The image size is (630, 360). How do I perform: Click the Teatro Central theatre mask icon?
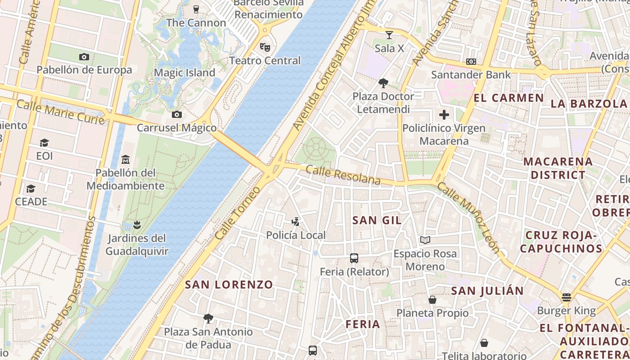tap(265, 47)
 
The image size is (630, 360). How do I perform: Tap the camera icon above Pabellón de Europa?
tap(84, 57)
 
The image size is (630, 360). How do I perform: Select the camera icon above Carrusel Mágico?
tap(177, 114)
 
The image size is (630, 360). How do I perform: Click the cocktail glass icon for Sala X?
tap(389, 35)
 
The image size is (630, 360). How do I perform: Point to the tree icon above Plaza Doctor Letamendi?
tap(383, 83)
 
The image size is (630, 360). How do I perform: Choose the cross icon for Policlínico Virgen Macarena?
tap(444, 115)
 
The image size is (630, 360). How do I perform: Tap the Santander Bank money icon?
tap(471, 61)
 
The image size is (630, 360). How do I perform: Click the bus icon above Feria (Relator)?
tap(354, 258)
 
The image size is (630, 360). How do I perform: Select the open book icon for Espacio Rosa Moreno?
tap(425, 240)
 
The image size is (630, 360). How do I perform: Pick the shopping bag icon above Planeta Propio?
tap(432, 299)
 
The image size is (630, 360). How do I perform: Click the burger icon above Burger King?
tap(566, 297)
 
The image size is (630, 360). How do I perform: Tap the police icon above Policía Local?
tap(296, 221)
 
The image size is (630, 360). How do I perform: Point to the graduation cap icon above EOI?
tap(44, 143)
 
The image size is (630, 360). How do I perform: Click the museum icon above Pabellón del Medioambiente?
tap(126, 159)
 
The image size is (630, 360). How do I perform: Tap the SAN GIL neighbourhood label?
tap(377, 220)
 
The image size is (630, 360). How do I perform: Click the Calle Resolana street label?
tap(343, 175)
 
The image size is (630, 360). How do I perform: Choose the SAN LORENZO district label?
tap(229, 284)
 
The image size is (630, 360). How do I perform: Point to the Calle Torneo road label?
tap(237, 213)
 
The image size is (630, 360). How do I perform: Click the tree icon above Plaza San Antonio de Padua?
tap(208, 319)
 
